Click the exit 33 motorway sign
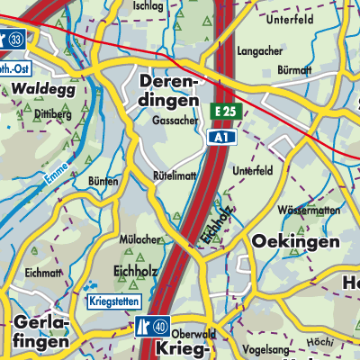click(x=15, y=40)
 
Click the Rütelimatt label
click(x=176, y=176)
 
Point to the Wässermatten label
click(x=308, y=209)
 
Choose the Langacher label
click(x=260, y=52)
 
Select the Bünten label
click(x=103, y=182)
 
